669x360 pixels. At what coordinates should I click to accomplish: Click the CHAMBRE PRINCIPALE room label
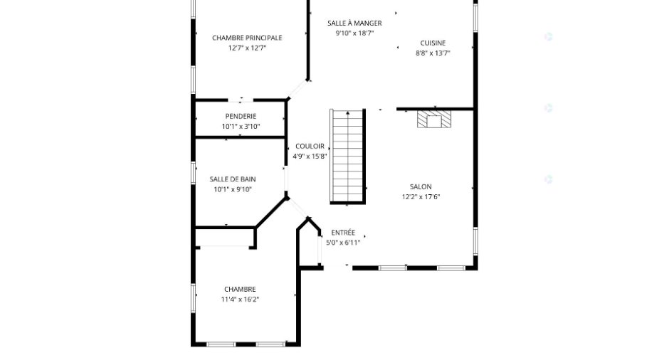247,38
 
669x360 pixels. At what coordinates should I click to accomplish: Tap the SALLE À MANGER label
354,23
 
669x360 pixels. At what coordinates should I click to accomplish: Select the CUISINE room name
433,43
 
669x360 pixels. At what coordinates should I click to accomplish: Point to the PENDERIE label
241,117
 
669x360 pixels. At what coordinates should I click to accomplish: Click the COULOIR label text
310,147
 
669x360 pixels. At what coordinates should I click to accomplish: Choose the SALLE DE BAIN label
233,179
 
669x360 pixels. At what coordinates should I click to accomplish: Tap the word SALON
421,187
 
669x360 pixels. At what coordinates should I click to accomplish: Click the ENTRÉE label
343,233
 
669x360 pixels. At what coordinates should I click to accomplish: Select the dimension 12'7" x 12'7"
247,48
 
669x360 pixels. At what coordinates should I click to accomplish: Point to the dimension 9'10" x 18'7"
354,33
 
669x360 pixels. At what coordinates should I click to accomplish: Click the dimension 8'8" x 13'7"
433,53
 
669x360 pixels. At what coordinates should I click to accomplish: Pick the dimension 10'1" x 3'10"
241,127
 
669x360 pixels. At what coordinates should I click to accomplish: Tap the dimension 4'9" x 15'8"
310,157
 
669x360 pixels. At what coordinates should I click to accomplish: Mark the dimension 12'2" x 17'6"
421,197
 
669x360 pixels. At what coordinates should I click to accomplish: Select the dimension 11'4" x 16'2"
240,300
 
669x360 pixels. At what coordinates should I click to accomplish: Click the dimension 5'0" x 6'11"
343,243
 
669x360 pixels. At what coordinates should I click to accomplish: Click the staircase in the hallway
348,157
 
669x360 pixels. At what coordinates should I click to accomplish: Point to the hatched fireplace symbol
434,119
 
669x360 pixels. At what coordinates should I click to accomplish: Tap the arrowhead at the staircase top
348,113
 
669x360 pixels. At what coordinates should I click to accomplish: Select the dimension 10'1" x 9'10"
233,190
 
